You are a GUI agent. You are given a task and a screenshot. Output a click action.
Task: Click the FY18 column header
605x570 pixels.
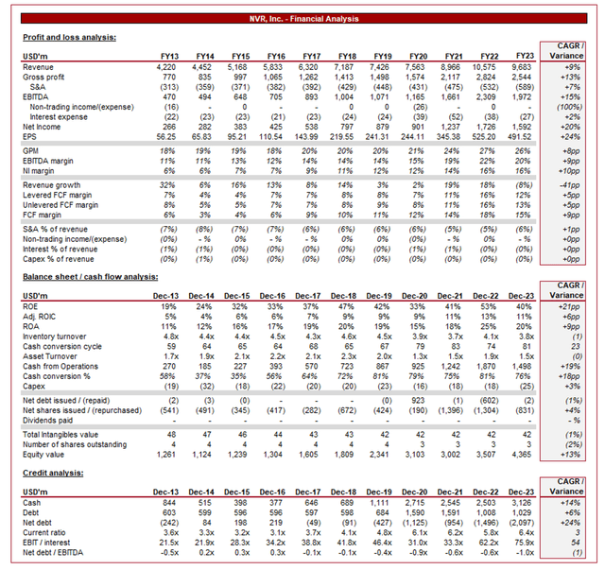click(347, 57)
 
